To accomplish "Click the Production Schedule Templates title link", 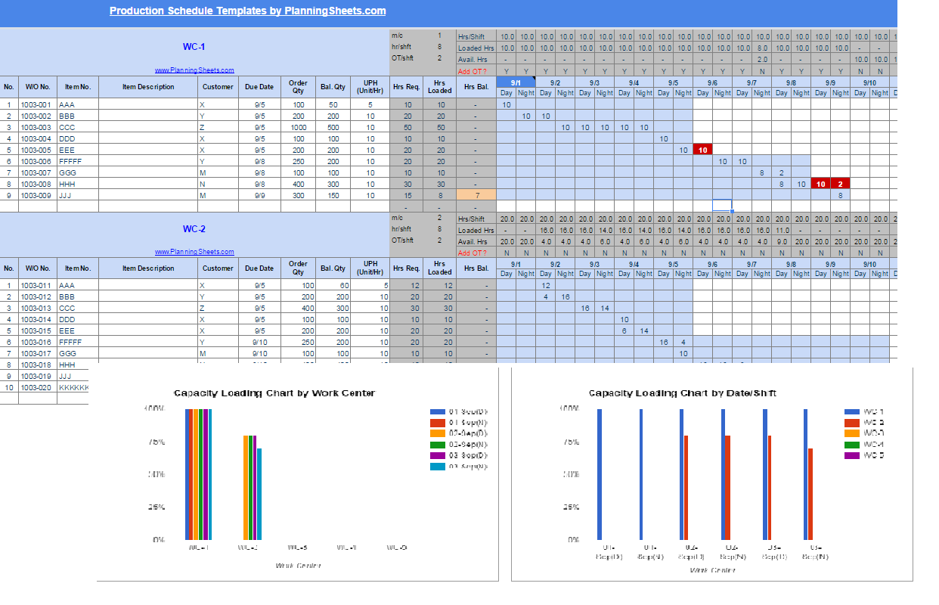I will [x=247, y=11].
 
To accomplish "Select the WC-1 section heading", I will [x=194, y=47].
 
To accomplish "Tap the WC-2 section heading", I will [x=194, y=229].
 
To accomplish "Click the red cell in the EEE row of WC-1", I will [x=702, y=150].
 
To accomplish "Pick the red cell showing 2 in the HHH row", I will [x=840, y=184].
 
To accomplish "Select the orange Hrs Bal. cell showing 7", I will [x=476, y=195].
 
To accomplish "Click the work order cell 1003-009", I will [x=37, y=195].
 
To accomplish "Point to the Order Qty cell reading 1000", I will [x=299, y=127].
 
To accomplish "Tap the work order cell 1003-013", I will [x=37, y=308].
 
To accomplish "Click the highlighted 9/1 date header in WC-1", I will [x=516, y=82].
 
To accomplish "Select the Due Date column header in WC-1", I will [x=259, y=87].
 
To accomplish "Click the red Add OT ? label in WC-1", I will [x=473, y=71].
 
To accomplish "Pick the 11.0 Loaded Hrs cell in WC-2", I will [x=782, y=231].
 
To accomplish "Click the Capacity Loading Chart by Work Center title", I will [x=274, y=393].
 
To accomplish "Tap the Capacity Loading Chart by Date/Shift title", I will [x=682, y=393].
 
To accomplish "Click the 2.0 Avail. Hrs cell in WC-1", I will [x=762, y=59].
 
